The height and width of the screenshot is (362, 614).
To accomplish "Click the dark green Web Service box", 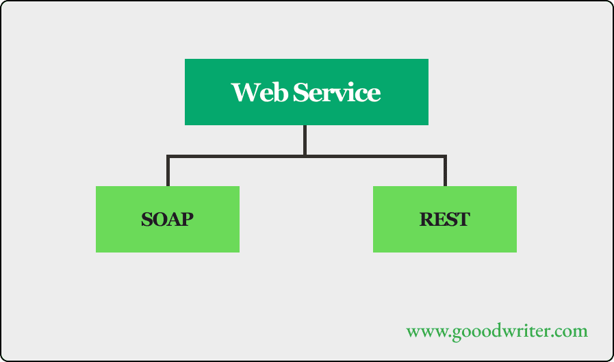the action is pyautogui.click(x=307, y=92).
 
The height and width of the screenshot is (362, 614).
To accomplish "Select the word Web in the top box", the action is pyautogui.click(x=259, y=92).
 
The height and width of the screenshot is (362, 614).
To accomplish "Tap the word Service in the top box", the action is pyautogui.click(x=337, y=92).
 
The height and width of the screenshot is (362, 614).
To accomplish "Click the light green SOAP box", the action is pyautogui.click(x=168, y=219).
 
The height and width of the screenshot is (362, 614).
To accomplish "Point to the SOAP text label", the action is pyautogui.click(x=167, y=219).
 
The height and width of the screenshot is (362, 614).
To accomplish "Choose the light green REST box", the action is pyautogui.click(x=445, y=219).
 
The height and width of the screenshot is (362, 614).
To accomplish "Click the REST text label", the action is pyautogui.click(x=444, y=219).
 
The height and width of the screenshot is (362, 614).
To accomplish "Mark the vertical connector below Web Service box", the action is pyautogui.click(x=305, y=140).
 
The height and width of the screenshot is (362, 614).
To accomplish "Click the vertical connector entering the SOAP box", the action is pyautogui.click(x=168, y=172).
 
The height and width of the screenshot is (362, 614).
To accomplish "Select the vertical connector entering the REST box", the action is pyautogui.click(x=445, y=172).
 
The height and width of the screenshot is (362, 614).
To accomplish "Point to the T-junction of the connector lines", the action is pyautogui.click(x=305, y=156).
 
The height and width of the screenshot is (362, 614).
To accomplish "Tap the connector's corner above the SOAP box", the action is pyautogui.click(x=168, y=157).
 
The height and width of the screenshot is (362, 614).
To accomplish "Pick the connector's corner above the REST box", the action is pyautogui.click(x=445, y=157).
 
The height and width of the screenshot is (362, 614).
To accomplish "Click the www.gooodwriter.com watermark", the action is pyautogui.click(x=497, y=331).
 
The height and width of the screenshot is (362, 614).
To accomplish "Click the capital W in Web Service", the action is pyautogui.click(x=246, y=92).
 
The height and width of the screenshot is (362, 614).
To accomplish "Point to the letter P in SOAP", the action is pyautogui.click(x=187, y=219).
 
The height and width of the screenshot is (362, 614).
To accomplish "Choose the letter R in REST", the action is pyautogui.click(x=426, y=219).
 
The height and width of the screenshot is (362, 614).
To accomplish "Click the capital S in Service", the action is pyautogui.click(x=300, y=92).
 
